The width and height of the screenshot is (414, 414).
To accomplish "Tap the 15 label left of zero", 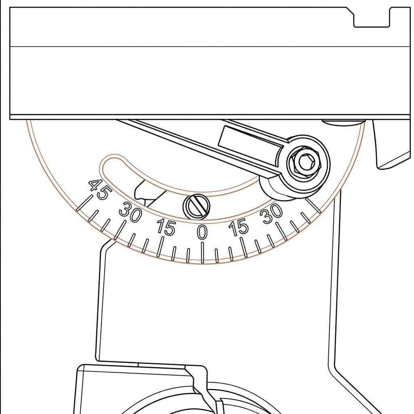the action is [x=166, y=227].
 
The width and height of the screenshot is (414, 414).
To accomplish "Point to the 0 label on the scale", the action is [x=202, y=232].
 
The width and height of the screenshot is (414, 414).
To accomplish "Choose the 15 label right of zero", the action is [x=239, y=227].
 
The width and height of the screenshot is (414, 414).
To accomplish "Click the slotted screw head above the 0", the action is [x=197, y=207].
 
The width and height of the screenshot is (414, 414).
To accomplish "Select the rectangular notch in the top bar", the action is [x=372, y=17].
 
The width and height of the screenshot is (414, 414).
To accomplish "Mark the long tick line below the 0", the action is [x=202, y=253].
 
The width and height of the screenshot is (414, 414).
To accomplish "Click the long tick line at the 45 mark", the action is [x=84, y=203].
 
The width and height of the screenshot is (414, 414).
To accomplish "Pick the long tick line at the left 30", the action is [x=120, y=230].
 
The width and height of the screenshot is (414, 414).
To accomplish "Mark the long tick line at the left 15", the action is [x=160, y=246].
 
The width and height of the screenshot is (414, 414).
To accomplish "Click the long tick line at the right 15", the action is [x=244, y=247].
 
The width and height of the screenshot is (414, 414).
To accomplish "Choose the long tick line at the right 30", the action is [x=282, y=231].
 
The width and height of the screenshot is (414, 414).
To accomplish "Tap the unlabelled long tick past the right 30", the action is [x=313, y=205].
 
